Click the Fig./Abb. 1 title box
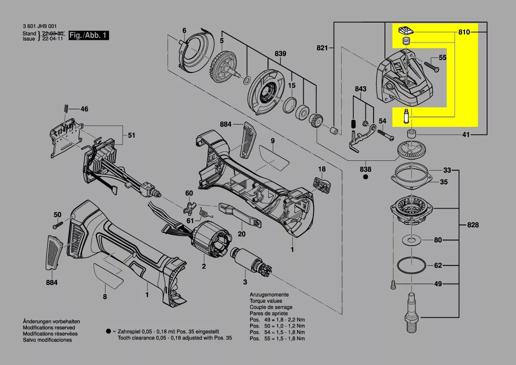(x=89, y=35)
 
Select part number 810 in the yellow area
(x=464, y=32)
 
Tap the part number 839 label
(x=280, y=53)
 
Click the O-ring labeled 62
(x=411, y=266)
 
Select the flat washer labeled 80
(x=411, y=240)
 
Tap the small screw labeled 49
(x=392, y=284)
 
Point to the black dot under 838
(x=365, y=177)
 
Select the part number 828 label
(x=473, y=225)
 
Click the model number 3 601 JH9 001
(x=40, y=27)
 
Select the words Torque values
(x=266, y=301)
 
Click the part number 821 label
(x=322, y=48)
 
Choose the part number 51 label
(x=132, y=136)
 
